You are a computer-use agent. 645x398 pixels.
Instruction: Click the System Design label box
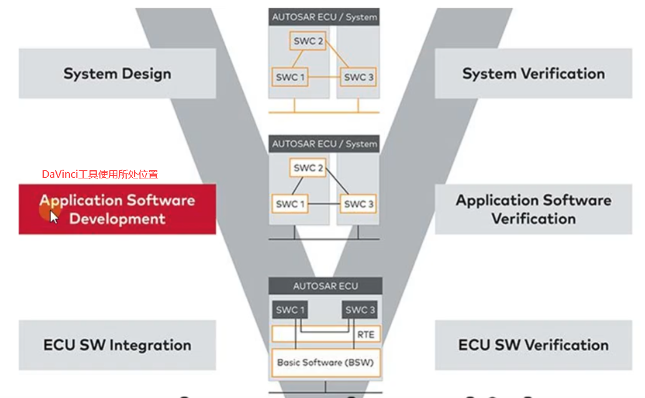tap(117, 74)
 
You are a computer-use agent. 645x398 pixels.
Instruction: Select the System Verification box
tap(533, 74)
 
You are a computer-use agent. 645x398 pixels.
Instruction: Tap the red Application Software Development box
tap(117, 209)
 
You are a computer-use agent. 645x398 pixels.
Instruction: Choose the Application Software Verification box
tap(533, 209)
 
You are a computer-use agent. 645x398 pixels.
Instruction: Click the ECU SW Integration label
tap(117, 345)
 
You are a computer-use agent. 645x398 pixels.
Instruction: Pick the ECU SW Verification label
tap(533, 345)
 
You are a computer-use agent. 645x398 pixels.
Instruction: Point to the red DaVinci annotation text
tap(100, 174)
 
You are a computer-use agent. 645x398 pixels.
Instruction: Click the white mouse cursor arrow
tap(54, 216)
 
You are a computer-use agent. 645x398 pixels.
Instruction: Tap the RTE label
tap(366, 334)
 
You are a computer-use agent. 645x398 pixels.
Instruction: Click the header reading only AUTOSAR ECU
tap(325, 286)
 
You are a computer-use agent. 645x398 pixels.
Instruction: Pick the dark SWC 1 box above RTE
tap(290, 310)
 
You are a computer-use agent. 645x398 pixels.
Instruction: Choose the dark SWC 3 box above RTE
tap(360, 310)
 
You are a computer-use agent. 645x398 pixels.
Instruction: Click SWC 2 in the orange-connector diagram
tap(308, 42)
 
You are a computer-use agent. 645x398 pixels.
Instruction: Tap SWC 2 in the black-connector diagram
tap(308, 168)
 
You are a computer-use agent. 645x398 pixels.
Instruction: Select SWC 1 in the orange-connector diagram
tap(290, 77)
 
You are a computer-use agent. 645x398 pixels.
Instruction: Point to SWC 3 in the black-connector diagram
tap(359, 204)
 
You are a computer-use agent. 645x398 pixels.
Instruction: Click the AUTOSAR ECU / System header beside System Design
tap(324, 17)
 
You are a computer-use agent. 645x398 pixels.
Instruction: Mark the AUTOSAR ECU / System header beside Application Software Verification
tap(324, 143)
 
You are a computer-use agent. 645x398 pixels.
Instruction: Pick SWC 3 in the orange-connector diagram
tap(359, 77)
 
